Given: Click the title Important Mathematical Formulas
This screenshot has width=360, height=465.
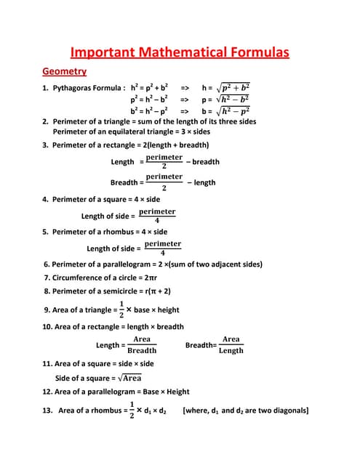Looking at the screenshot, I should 180,52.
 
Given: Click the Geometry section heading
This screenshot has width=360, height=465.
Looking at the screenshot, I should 65,71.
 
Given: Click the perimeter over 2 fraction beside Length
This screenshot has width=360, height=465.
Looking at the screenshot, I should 164,161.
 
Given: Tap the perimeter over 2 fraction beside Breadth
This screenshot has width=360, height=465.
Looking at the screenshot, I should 164,182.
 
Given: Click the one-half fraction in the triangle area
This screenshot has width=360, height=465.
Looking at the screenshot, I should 121,309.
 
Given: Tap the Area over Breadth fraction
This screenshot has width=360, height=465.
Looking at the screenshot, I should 142,344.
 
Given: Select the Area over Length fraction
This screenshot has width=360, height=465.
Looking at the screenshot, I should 231,344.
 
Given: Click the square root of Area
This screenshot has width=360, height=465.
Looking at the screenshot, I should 129,378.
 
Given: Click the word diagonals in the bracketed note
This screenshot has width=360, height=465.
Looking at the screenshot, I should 289,411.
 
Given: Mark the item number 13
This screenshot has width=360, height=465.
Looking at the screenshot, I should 48,411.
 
